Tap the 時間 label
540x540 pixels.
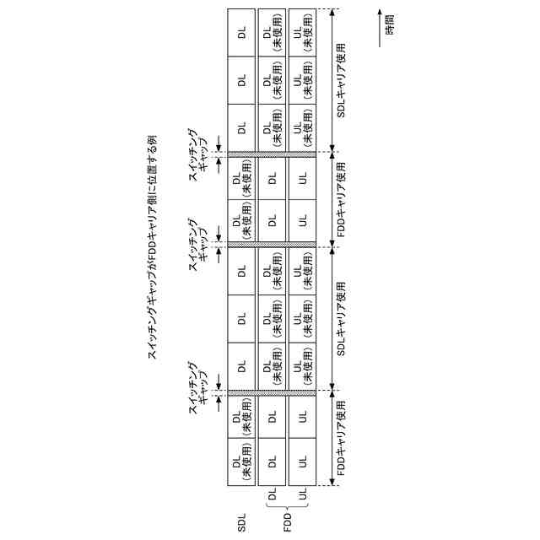pyautogui.click(x=389, y=24)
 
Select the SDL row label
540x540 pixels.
pyautogui.click(x=241, y=524)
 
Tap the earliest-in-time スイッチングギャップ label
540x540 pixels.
pyautogui.click(x=203, y=394)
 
